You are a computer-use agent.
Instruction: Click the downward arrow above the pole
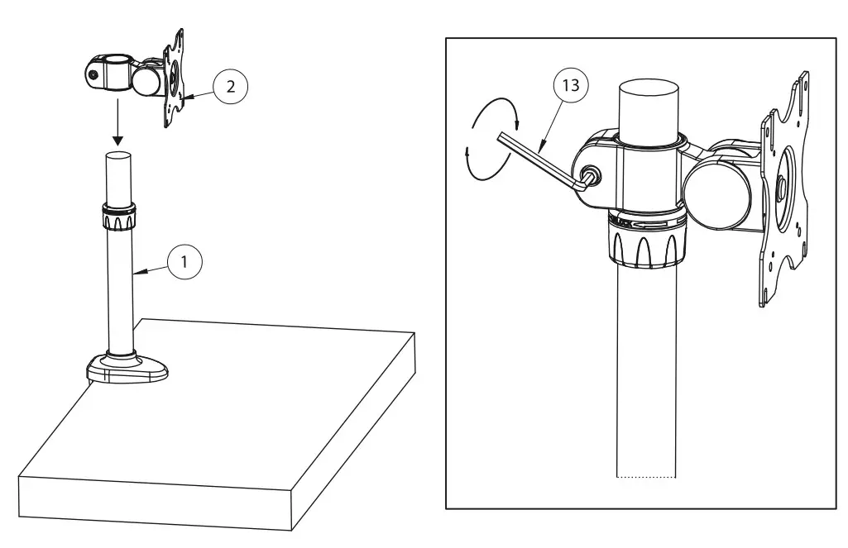click(x=118, y=124)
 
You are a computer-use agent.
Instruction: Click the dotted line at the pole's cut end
click(x=647, y=477)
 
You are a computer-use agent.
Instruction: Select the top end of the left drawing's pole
click(x=118, y=157)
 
